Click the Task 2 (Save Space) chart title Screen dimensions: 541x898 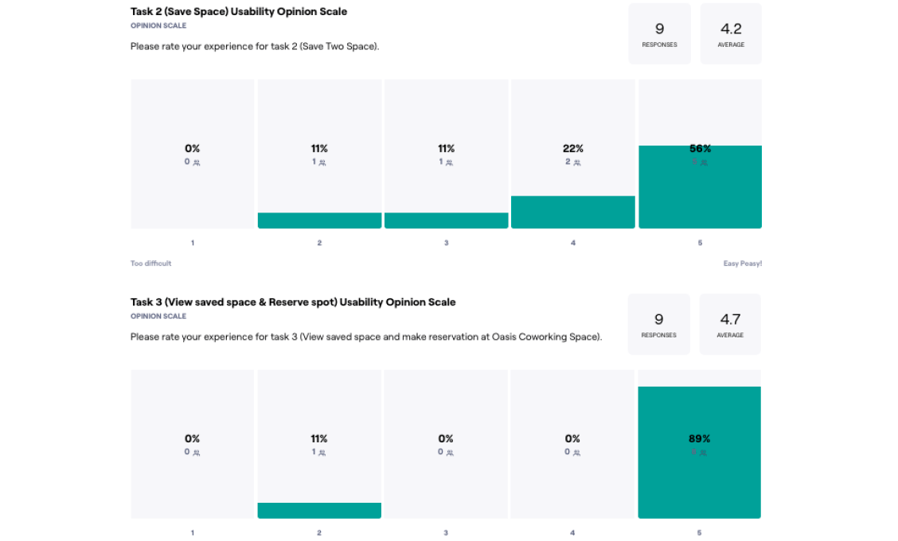(x=239, y=12)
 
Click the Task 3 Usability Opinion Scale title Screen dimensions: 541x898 (x=293, y=302)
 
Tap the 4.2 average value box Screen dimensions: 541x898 (x=731, y=33)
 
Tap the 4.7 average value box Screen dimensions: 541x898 (x=730, y=324)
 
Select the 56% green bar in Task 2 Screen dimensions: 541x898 (x=700, y=191)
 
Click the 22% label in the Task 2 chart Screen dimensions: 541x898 (x=573, y=149)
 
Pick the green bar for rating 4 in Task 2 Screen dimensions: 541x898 (x=573, y=212)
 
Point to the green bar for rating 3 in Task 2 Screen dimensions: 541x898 (x=446, y=220)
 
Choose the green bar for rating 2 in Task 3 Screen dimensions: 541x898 (x=319, y=511)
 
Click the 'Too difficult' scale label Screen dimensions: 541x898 (x=150, y=263)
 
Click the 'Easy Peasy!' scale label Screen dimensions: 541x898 (x=742, y=263)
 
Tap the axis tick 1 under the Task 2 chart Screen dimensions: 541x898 (x=193, y=243)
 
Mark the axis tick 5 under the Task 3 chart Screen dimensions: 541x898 (x=699, y=533)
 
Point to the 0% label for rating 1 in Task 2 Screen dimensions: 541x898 (x=193, y=149)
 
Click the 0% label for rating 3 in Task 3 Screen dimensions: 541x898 (x=446, y=439)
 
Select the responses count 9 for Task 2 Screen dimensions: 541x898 (x=659, y=29)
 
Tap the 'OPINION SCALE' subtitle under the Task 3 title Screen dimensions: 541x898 (x=158, y=316)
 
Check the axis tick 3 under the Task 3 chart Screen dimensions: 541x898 (x=446, y=533)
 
